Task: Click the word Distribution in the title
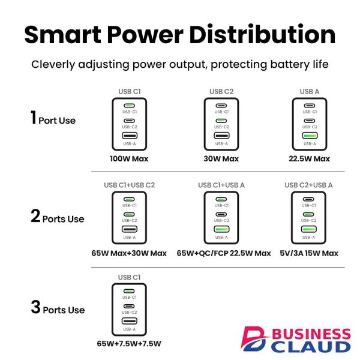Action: tap(262, 34)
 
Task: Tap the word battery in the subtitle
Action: tap(290, 64)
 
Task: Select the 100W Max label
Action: tap(129, 158)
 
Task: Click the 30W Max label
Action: tap(221, 158)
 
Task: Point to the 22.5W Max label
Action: tap(309, 158)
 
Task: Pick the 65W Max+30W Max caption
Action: tap(129, 253)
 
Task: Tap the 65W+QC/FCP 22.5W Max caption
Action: tap(224, 253)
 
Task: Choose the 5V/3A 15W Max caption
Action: tap(309, 253)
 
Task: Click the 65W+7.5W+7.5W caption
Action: tap(129, 343)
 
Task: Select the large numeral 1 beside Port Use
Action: tap(34, 118)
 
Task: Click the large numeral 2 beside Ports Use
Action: tap(35, 216)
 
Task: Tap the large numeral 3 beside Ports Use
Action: tap(35, 307)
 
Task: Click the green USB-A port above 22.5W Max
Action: tap(310, 136)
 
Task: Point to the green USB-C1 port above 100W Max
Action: tap(129, 106)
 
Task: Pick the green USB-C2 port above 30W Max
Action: tap(221, 121)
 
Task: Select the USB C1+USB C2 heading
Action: tap(129, 185)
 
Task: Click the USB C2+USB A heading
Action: tap(308, 185)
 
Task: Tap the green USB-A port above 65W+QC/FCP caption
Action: tap(221, 229)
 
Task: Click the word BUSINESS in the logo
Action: tap(311, 334)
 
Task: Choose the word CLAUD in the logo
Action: tap(311, 347)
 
